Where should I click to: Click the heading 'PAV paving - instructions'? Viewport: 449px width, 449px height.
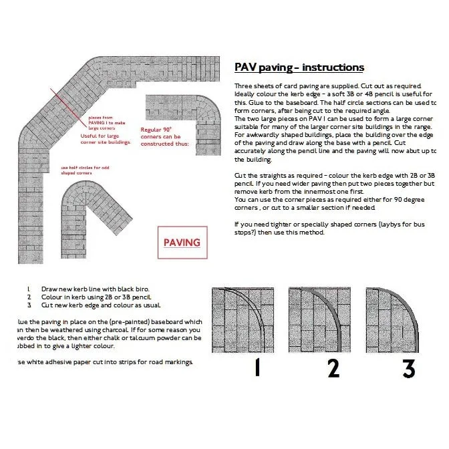pyautogui.click(x=299, y=67)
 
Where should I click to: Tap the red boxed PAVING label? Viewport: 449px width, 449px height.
pyautogui.click(x=182, y=243)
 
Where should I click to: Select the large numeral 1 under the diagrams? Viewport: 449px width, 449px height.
pyautogui.click(x=257, y=368)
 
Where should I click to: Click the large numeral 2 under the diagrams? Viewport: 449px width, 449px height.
pyautogui.click(x=333, y=368)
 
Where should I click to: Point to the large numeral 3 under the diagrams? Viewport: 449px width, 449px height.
pyautogui.click(x=408, y=368)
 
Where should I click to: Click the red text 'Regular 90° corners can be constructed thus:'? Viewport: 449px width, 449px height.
pyautogui.click(x=164, y=136)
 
